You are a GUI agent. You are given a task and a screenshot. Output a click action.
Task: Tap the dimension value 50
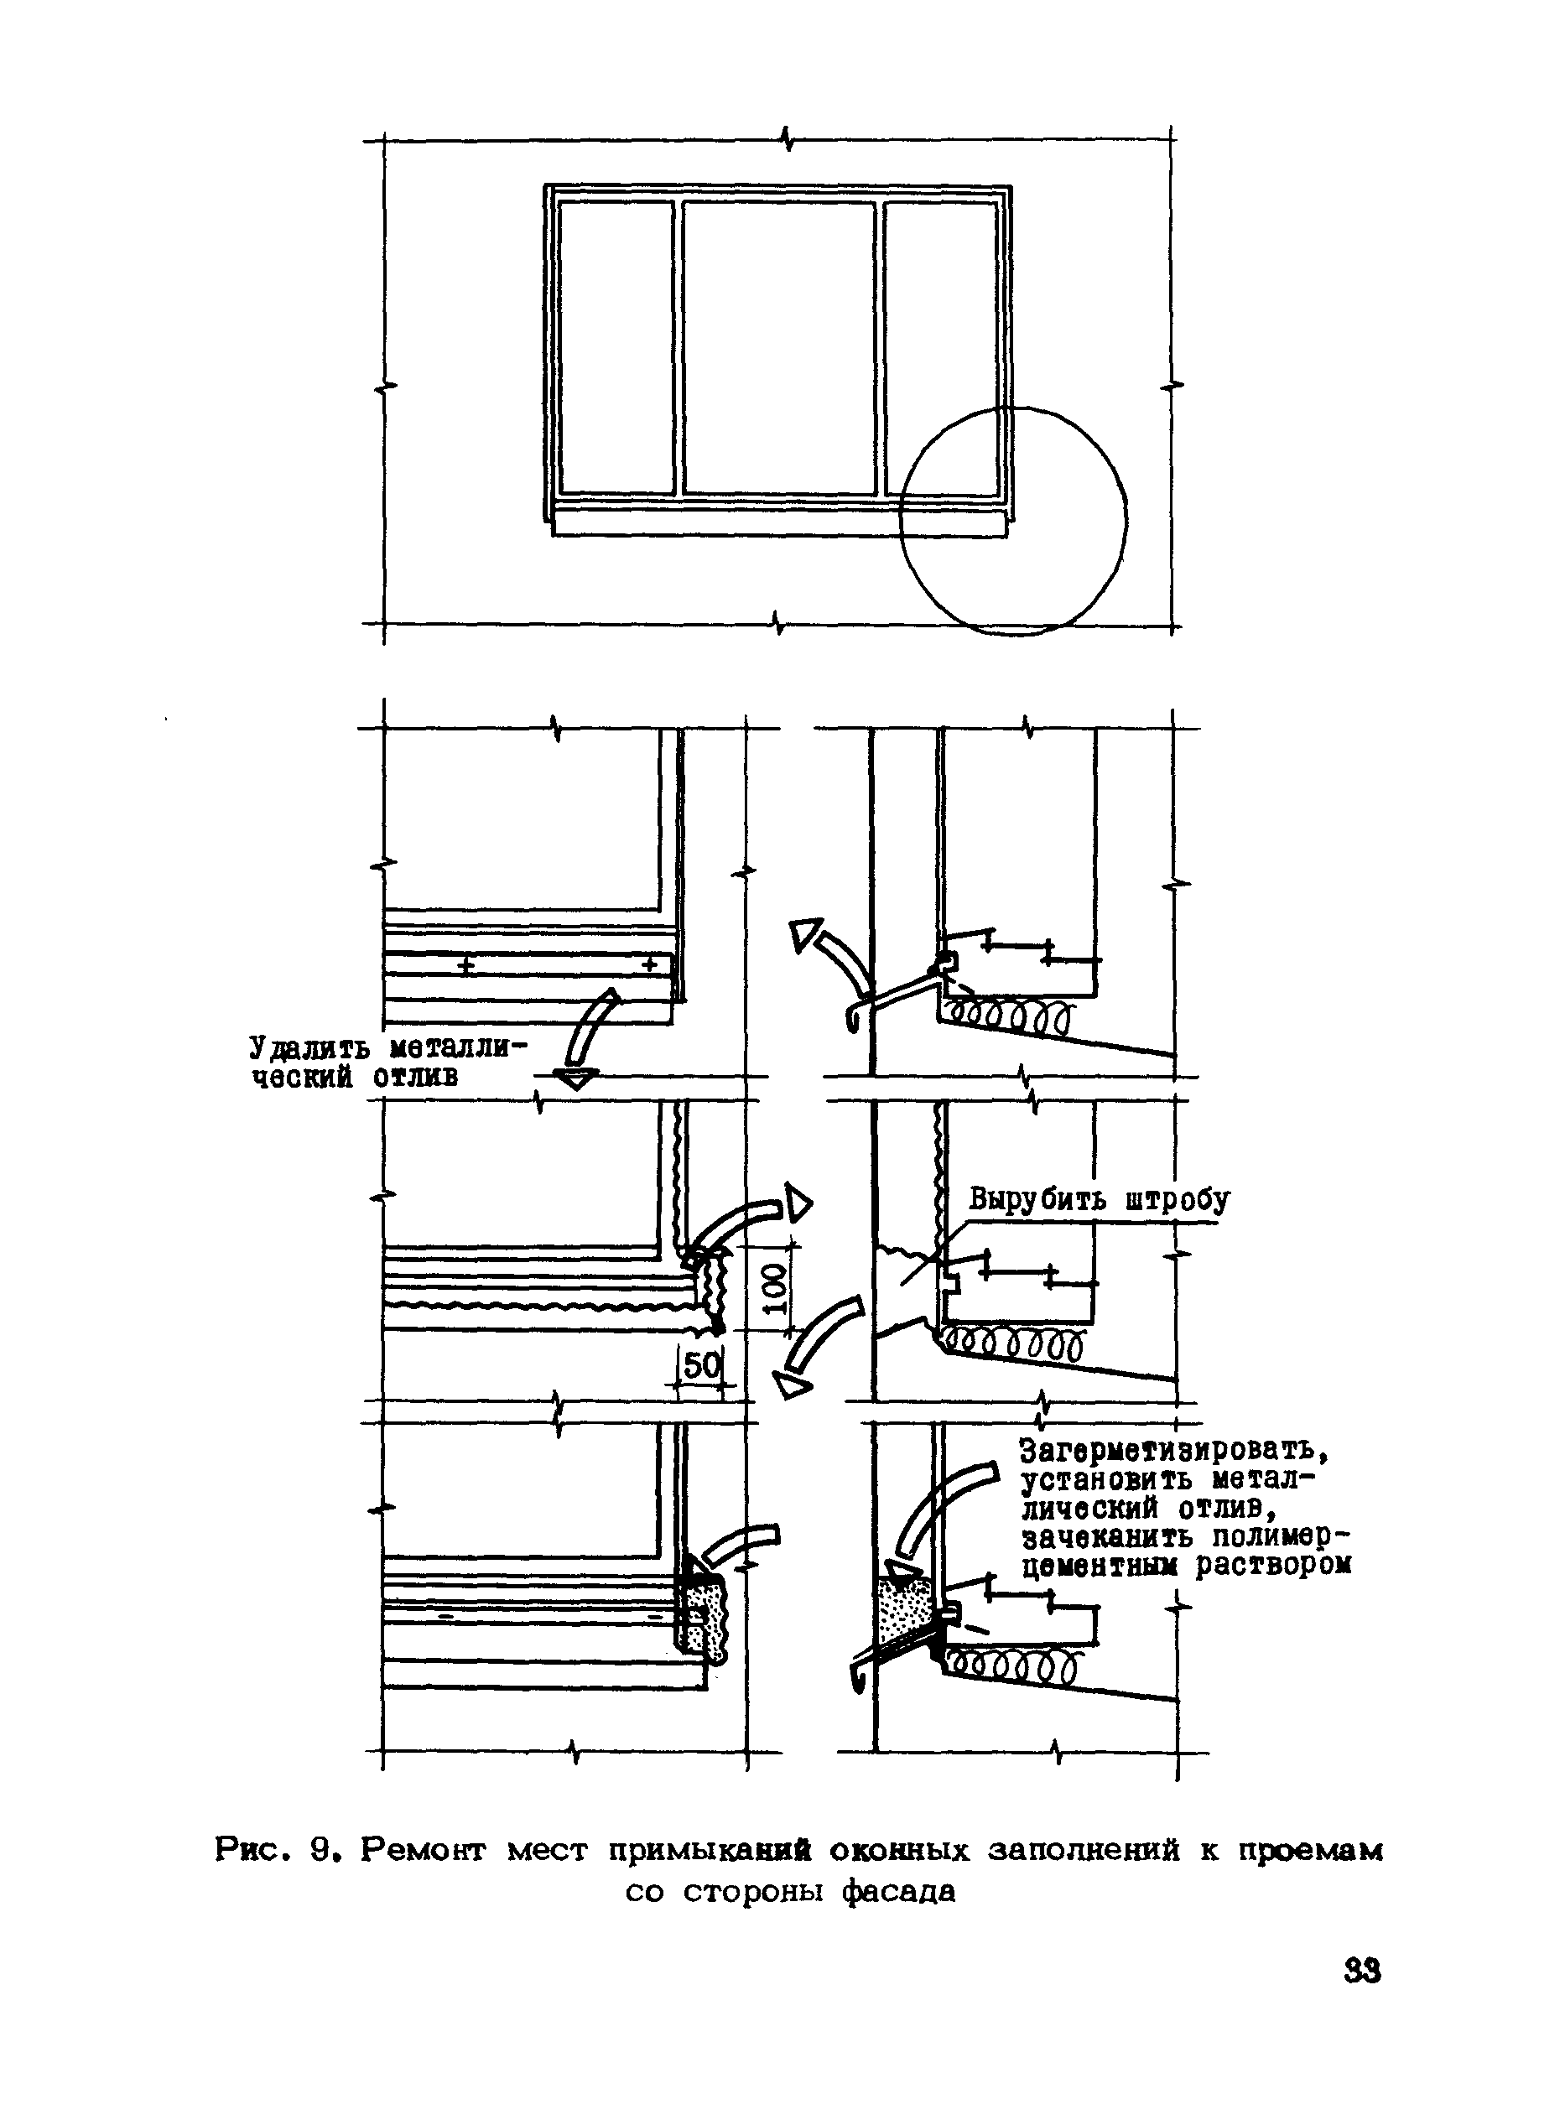coord(702,1366)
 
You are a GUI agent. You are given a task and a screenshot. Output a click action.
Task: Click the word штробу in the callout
coord(1178,1199)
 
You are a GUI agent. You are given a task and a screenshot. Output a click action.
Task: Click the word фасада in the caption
coord(900,1893)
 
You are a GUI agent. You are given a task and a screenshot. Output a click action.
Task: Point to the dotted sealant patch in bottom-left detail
coord(704,1617)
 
